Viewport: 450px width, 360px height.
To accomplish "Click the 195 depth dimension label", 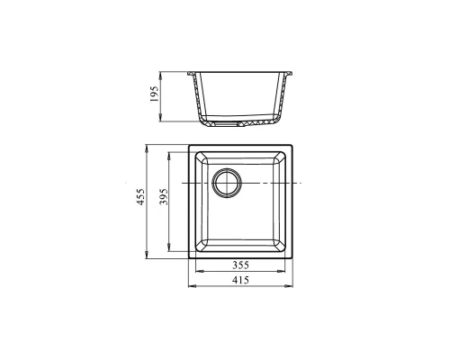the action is tap(154, 94).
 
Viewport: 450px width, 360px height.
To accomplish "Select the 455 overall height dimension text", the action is tap(140, 197).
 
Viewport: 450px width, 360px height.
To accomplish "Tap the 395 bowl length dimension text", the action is tap(164, 197).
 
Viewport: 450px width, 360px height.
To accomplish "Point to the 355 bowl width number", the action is tap(240, 265).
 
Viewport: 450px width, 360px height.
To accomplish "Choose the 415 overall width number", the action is tap(240, 280).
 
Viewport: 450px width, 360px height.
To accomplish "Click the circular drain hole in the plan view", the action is tap(227, 183).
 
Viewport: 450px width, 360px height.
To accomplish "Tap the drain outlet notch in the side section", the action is tap(227, 123).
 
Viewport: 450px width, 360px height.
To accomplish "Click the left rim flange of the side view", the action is tap(192, 74).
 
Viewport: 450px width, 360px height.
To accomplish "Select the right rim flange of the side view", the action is tap(289, 74).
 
